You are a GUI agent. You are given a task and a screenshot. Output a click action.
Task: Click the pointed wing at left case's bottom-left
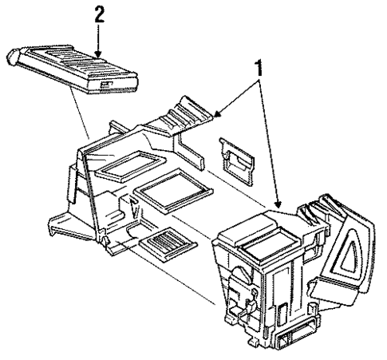pos(60,221)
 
